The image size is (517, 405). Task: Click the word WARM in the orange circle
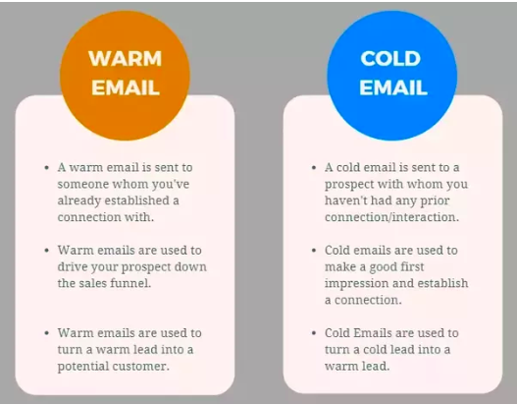point(125,58)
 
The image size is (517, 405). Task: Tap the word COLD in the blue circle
point(390,58)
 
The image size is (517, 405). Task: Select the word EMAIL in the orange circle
point(126,87)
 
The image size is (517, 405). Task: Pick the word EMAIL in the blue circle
point(393,87)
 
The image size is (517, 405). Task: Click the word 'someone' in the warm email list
point(82,184)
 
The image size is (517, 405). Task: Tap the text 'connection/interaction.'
point(391,217)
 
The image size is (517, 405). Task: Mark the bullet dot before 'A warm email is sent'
point(46,168)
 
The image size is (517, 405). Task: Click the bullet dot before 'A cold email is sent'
point(314,168)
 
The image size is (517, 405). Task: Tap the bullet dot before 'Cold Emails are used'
point(314,333)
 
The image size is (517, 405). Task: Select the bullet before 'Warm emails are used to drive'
point(46,251)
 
